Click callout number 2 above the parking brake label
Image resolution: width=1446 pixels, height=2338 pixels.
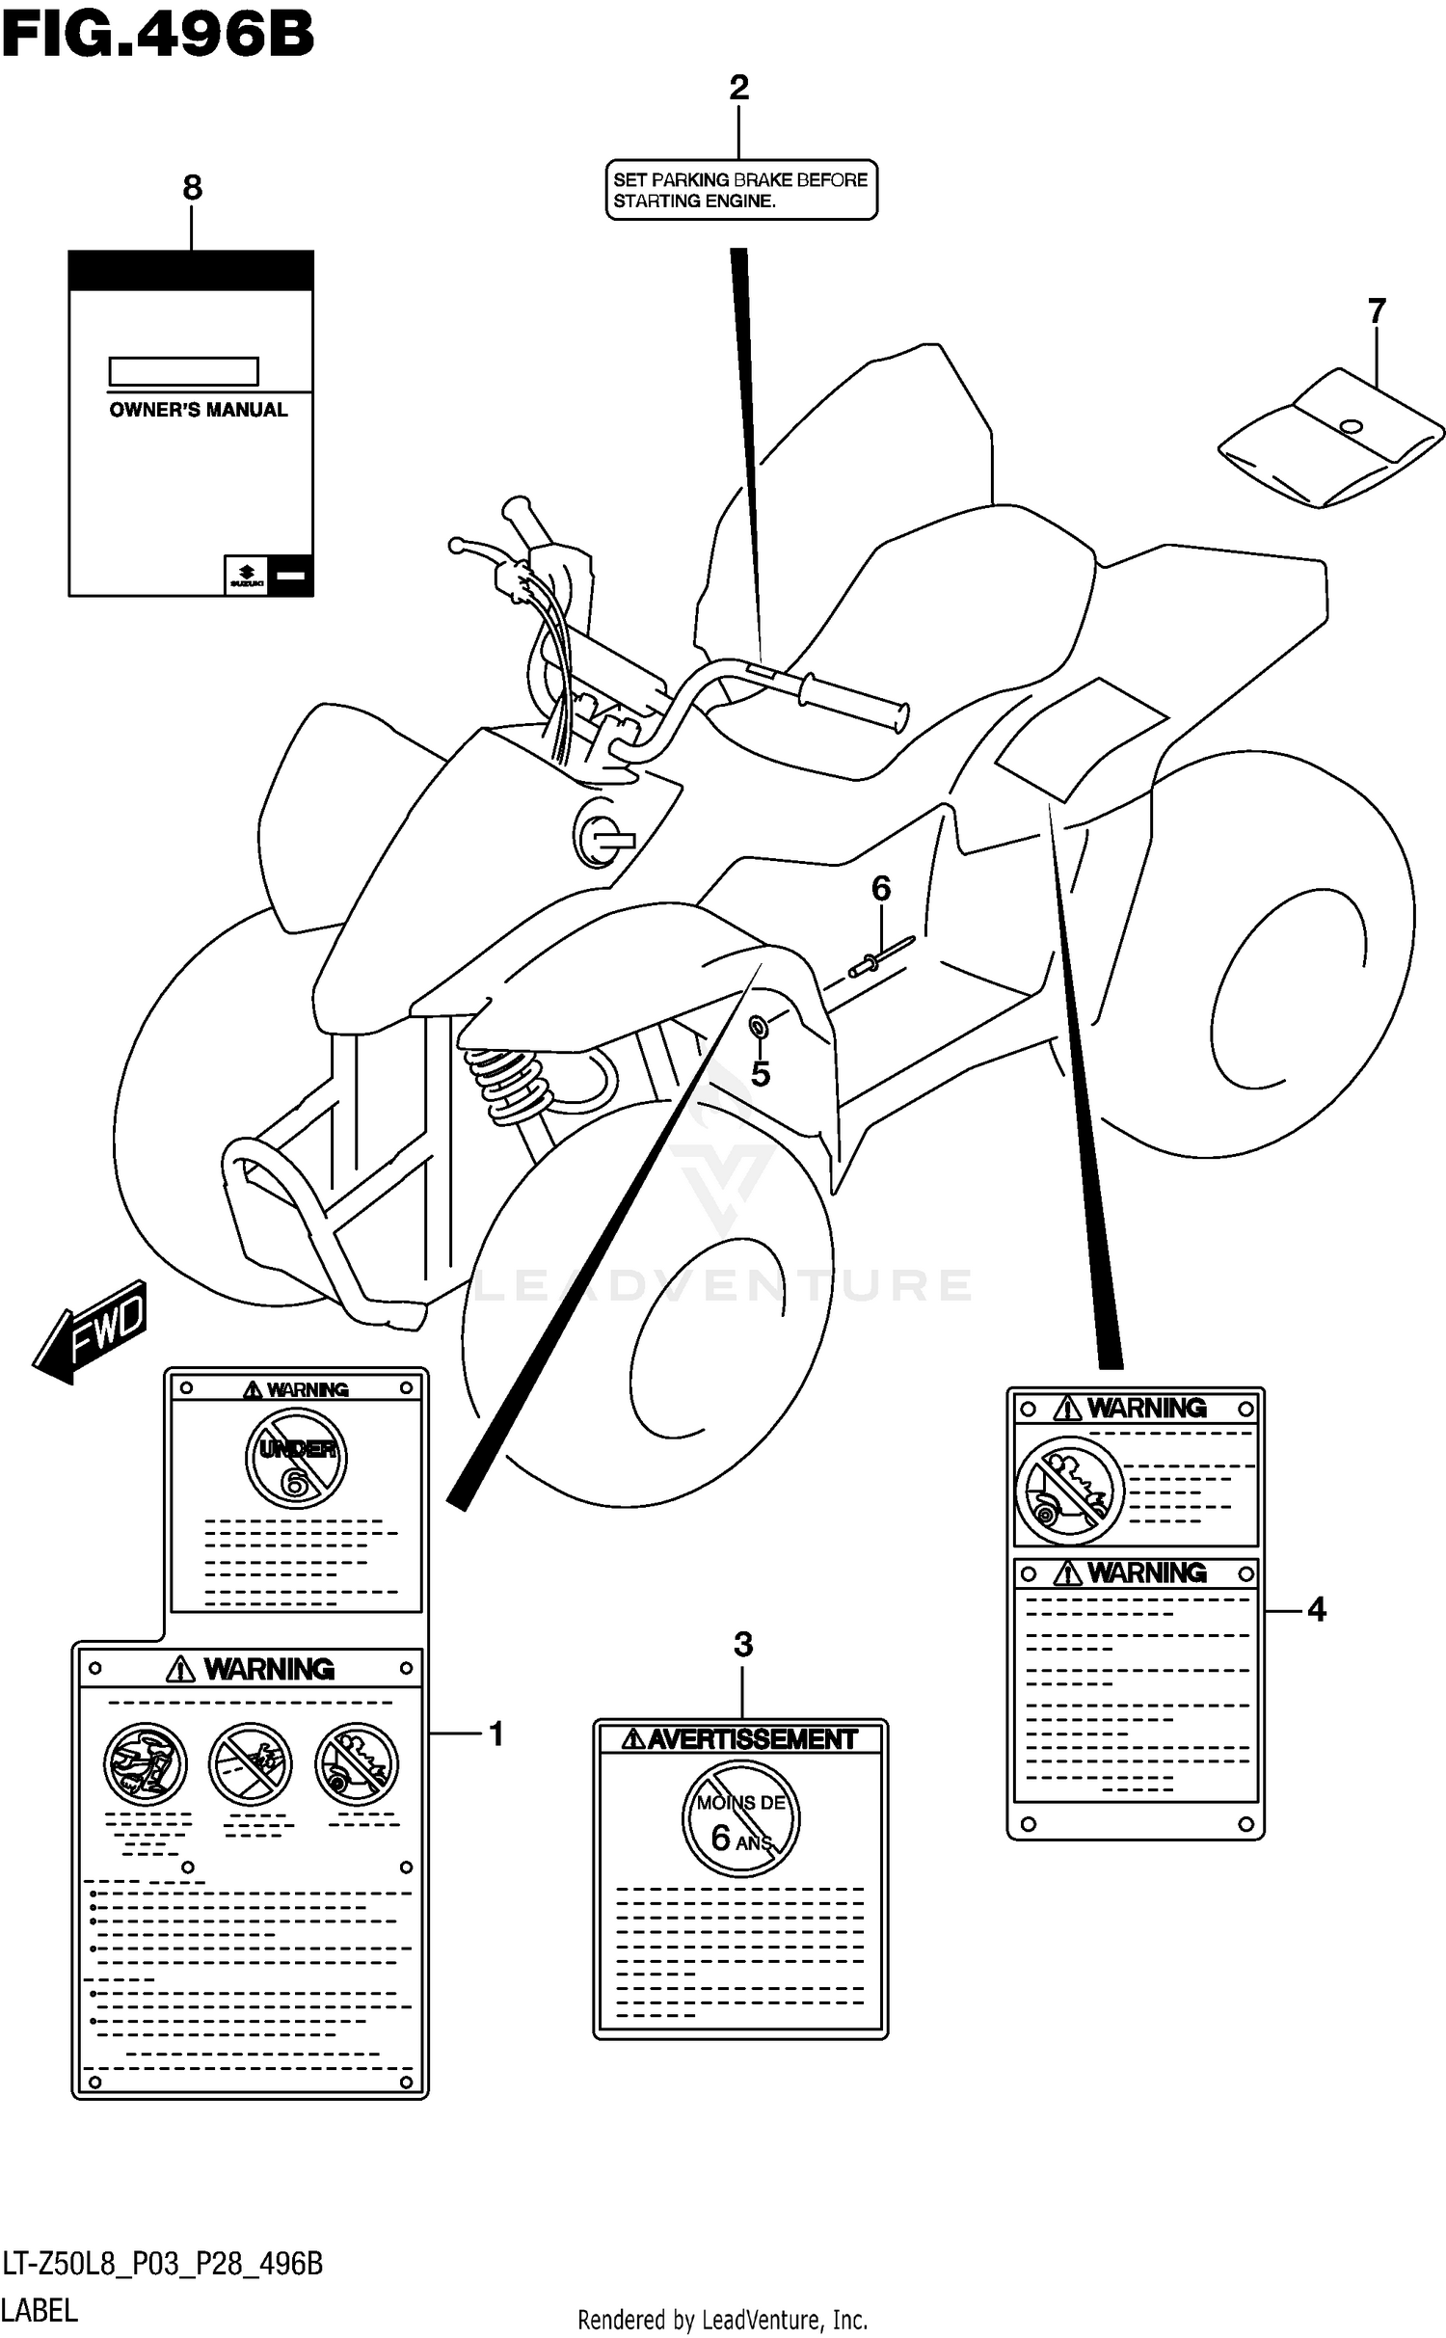(x=738, y=88)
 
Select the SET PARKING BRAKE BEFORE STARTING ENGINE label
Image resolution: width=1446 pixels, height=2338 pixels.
(x=740, y=190)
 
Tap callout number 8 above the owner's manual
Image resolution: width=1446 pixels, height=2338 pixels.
(x=192, y=187)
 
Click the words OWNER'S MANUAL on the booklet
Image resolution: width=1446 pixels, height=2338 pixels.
(x=198, y=410)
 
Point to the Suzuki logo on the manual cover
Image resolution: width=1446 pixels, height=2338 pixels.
(x=247, y=576)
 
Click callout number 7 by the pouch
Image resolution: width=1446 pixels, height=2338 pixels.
(x=1376, y=311)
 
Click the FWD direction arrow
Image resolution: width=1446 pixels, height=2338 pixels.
(x=92, y=1331)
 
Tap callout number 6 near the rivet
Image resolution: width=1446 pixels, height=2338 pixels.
(x=880, y=888)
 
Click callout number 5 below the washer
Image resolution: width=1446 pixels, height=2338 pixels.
(x=761, y=1073)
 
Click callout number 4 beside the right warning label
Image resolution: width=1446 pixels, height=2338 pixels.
(x=1316, y=1609)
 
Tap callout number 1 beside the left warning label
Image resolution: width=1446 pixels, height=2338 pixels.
(x=495, y=1734)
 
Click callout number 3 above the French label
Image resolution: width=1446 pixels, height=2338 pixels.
(x=742, y=1644)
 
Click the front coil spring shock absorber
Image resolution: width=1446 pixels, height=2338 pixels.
(x=508, y=1085)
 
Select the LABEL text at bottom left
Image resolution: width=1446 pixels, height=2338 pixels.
(x=40, y=2310)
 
